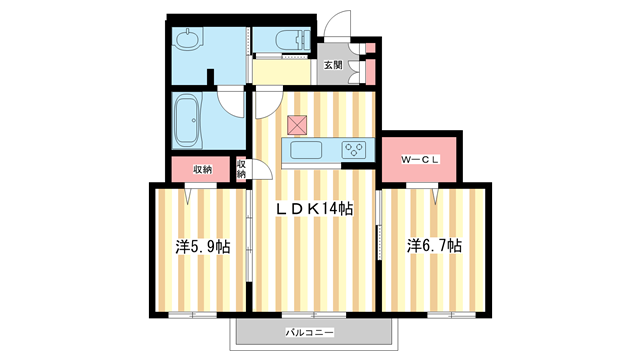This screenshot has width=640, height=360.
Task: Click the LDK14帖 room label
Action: tap(315, 208)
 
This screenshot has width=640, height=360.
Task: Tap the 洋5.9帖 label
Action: tap(203, 246)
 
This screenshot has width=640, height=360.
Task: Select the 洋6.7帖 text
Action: tap(433, 245)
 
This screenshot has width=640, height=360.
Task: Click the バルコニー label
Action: tap(309, 331)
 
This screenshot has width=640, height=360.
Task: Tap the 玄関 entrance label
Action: tap(332, 66)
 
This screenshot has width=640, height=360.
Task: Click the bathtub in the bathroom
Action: tap(188, 120)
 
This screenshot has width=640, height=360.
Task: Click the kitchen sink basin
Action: tap(304, 150)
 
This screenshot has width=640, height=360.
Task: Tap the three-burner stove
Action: tap(355, 150)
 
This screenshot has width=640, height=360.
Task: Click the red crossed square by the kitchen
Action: tap(297, 125)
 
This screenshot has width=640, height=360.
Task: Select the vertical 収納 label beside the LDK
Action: tap(242, 168)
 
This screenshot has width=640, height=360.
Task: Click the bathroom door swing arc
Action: tap(233, 101)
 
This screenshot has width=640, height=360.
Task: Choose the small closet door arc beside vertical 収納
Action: tap(258, 170)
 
